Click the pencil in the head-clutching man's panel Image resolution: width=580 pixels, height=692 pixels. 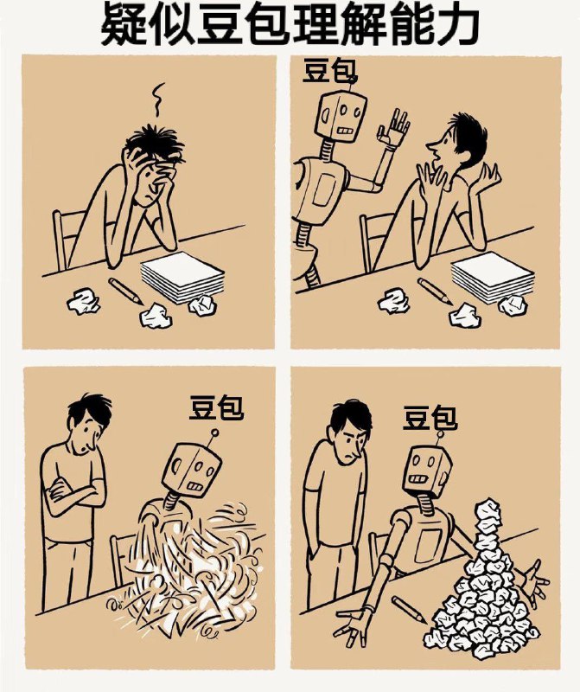[x=125, y=291]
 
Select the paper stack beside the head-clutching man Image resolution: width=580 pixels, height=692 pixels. [x=182, y=277]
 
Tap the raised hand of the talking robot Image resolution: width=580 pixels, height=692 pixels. [x=397, y=129]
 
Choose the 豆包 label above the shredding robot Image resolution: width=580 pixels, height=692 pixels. [x=216, y=407]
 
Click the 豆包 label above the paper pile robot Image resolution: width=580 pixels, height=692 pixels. [x=430, y=420]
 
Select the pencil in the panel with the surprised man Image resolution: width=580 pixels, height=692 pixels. [x=436, y=291]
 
